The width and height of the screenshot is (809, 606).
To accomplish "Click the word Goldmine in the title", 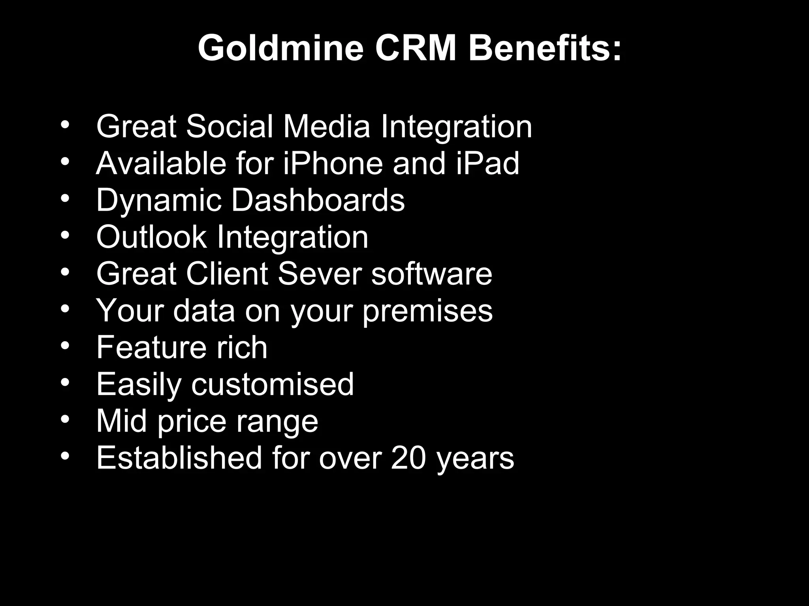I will [280, 48].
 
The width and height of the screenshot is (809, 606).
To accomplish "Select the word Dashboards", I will [318, 200].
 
